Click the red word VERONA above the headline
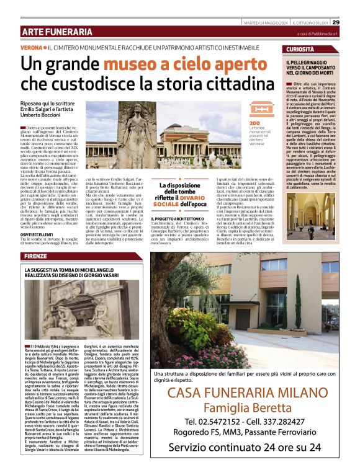pyautogui.click(x=30, y=48)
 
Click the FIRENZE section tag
pyautogui.click(x=37, y=256)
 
